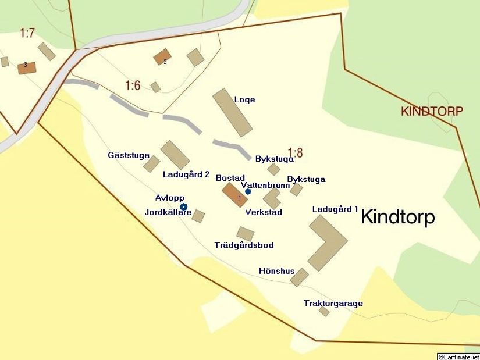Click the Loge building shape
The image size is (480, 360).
pyautogui.click(x=232, y=112)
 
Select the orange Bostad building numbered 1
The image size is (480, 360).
pyautogui.click(x=234, y=195)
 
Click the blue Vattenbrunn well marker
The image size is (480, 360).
pyautogui.click(x=248, y=191)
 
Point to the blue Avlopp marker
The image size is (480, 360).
pyautogui.click(x=183, y=206)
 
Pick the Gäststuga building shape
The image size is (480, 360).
pyautogui.click(x=152, y=164)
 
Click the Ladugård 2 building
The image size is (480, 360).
pyautogui.click(x=175, y=155)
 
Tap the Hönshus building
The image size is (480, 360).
pyautogui.click(x=299, y=277)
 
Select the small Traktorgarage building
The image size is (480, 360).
pyautogui.click(x=324, y=312)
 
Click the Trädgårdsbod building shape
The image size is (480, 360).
pyautogui.click(x=245, y=234)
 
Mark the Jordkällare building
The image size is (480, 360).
pyautogui.click(x=198, y=216)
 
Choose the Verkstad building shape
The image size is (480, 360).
pyautogui.click(x=272, y=198)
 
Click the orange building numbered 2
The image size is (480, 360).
pyautogui.click(x=162, y=57)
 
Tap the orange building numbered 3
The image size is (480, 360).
pyautogui.click(x=27, y=67)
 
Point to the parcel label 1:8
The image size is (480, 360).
pyautogui.click(x=295, y=153)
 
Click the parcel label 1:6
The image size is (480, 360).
pyautogui.click(x=133, y=85)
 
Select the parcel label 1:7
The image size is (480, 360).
pyautogui.click(x=27, y=33)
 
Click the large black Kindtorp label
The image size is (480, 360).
pyautogui.click(x=398, y=217)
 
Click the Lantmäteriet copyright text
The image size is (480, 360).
pyautogui.click(x=458, y=356)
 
